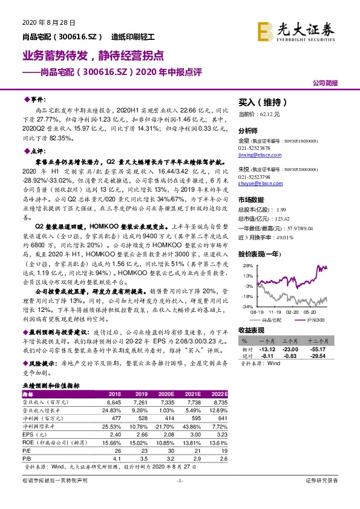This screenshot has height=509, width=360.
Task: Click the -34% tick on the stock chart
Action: click(246, 306)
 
